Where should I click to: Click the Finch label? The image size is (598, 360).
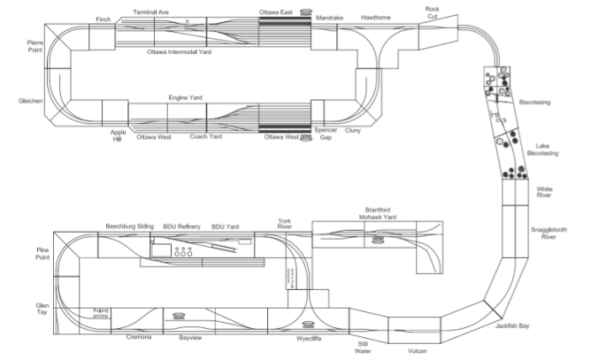click(x=103, y=19)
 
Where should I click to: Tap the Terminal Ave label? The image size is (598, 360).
click(x=151, y=12)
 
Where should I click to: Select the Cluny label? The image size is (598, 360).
click(x=352, y=130)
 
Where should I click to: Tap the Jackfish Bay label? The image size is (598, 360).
click(x=513, y=326)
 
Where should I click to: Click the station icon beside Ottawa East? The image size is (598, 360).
click(x=306, y=12)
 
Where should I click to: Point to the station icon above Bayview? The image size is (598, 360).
click(x=179, y=316)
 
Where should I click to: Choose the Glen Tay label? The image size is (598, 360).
click(x=35, y=310)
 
